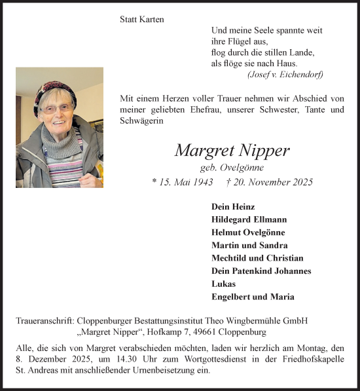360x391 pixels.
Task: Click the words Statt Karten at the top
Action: (142, 20)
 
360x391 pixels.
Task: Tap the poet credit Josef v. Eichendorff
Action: (285, 75)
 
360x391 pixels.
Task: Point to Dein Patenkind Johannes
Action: (261, 271)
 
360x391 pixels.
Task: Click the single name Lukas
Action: (223, 284)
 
